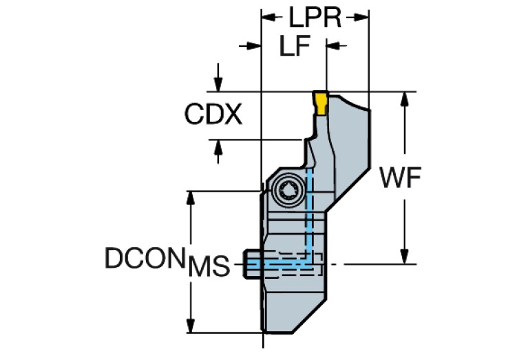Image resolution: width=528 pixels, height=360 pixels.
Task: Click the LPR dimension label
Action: [x=315, y=17]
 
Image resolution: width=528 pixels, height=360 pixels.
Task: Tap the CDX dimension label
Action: [x=213, y=114]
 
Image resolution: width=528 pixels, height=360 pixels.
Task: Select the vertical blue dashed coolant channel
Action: [x=308, y=213]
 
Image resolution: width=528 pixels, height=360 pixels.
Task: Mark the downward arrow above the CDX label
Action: [x=218, y=83]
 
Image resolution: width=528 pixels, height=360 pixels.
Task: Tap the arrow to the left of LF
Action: [x=253, y=45]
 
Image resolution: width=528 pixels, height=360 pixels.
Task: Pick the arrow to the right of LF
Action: [x=334, y=45]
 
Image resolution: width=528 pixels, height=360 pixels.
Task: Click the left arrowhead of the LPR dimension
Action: [x=267, y=17]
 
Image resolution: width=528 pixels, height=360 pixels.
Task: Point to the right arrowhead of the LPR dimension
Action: [x=364, y=17]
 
